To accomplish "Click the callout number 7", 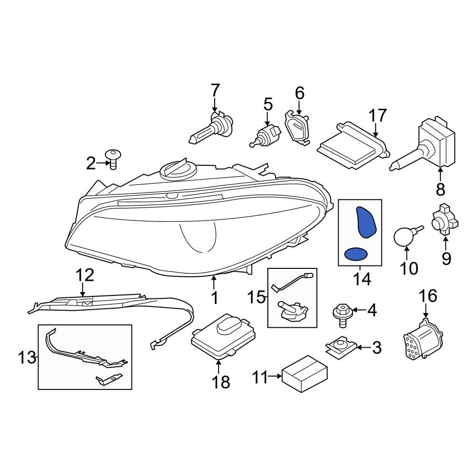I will click(215, 89).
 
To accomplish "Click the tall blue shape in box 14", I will click(366, 222).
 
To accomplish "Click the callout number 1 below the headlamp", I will click(214, 298).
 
